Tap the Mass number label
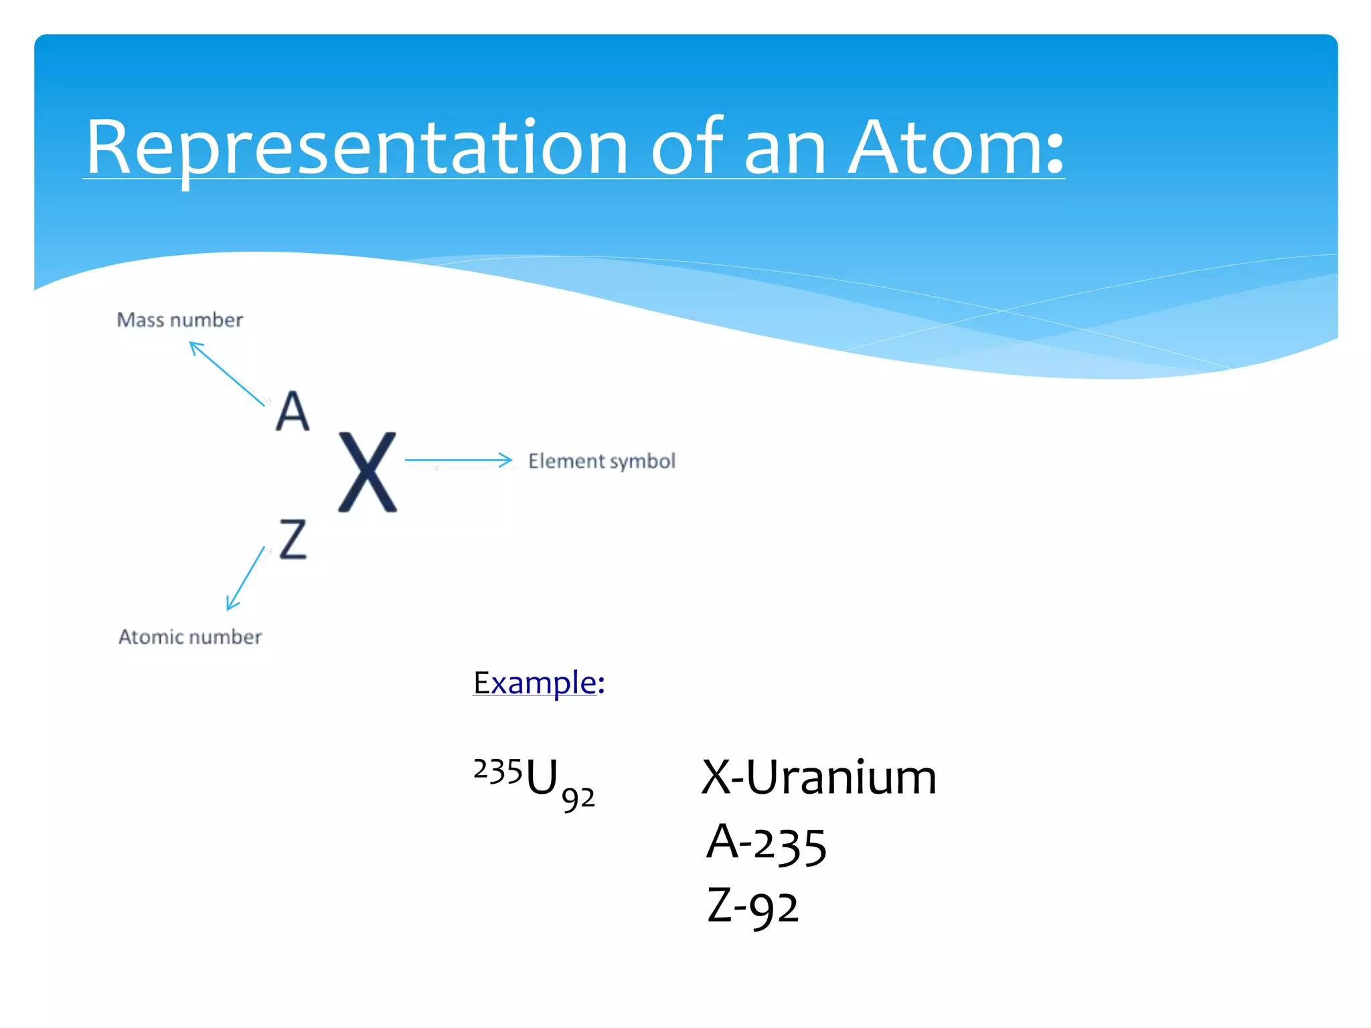point(179,320)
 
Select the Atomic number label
point(189,636)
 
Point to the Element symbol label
point(601,461)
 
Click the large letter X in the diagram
point(367,473)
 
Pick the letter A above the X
point(293,411)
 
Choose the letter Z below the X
point(293,539)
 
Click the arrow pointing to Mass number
point(226,373)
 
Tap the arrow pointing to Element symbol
point(458,460)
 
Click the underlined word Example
point(534,683)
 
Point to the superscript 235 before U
point(497,771)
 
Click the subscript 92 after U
point(578,798)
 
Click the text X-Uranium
point(818,778)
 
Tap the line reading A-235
point(767,843)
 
